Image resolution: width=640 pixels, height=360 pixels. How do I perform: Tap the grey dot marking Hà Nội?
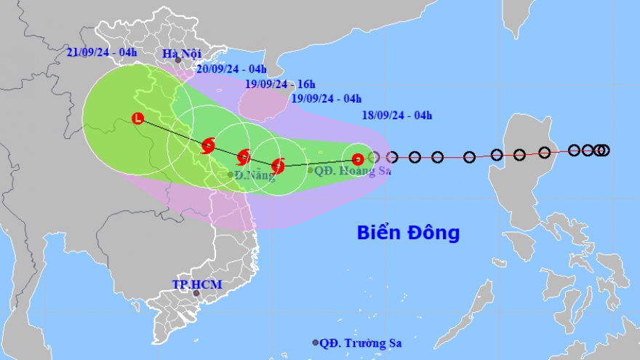click(x=177, y=60)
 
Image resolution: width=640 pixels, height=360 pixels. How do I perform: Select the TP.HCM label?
click(x=196, y=284)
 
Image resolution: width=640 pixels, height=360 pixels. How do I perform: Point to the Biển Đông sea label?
click(x=408, y=233)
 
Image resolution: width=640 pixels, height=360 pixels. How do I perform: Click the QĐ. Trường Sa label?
click(x=361, y=343)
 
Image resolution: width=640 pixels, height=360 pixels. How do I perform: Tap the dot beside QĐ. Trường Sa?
click(x=315, y=343)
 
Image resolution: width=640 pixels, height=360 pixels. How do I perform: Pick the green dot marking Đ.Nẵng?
click(x=230, y=175)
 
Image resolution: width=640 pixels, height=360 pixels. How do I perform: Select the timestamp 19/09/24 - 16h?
click(x=280, y=84)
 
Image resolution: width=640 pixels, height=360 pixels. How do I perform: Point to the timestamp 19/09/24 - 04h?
click(x=326, y=99)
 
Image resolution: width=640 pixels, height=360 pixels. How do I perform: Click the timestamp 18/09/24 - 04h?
click(x=397, y=115)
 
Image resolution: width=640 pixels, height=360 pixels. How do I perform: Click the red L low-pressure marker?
click(x=137, y=119)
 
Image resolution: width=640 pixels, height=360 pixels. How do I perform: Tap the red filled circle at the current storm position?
click(x=357, y=159)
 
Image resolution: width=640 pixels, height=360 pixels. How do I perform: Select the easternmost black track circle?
click(x=604, y=151)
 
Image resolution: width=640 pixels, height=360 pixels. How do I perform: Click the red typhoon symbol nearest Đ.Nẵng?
click(x=244, y=156)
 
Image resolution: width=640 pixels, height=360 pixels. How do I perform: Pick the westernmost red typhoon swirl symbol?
click(x=208, y=146)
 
